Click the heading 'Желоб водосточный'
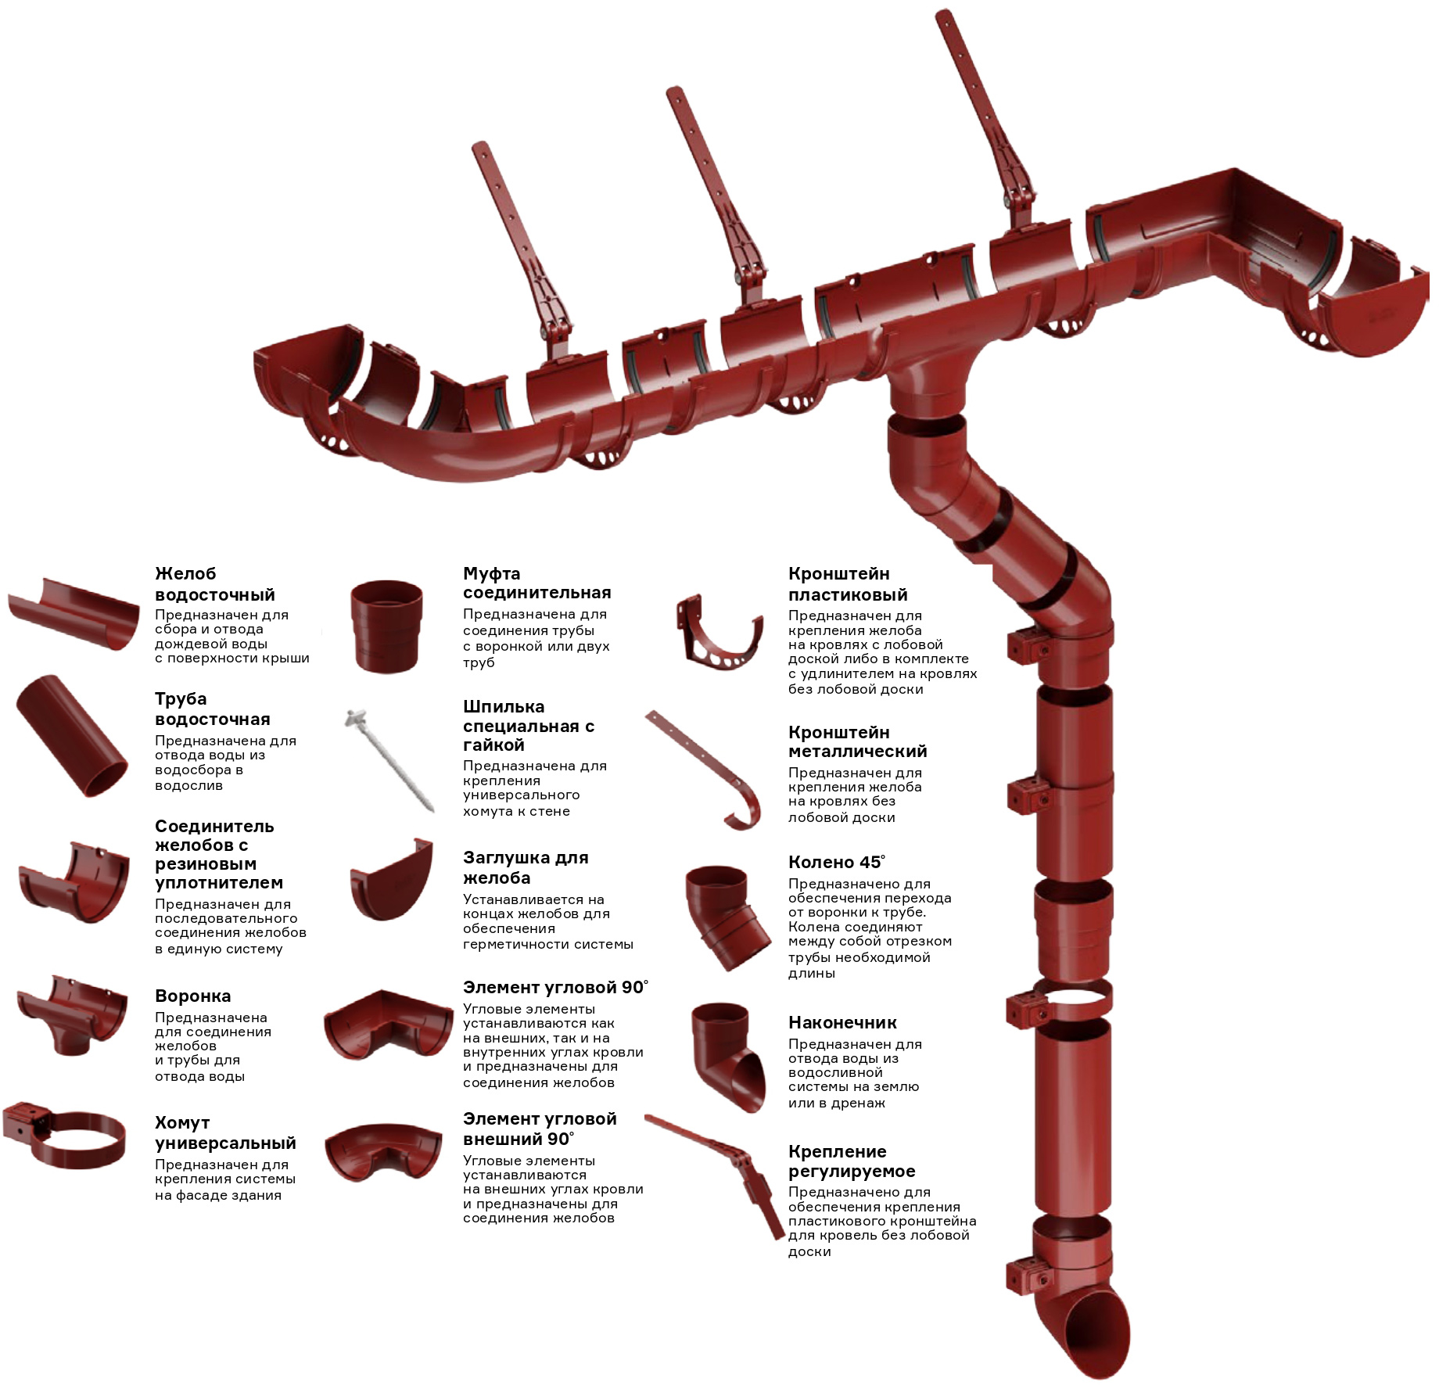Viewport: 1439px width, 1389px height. point(215,584)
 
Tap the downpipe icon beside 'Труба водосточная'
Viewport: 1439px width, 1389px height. point(70,736)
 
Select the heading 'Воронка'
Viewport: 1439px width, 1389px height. point(193,996)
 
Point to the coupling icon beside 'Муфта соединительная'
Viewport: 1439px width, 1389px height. point(386,625)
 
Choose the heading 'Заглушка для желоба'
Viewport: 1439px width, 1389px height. point(526,867)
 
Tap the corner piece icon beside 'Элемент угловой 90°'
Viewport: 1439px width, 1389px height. point(388,1026)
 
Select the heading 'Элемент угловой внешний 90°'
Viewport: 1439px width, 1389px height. point(540,1129)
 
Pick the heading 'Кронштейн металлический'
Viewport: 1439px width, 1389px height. point(857,741)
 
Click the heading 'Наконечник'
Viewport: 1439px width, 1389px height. point(842,1022)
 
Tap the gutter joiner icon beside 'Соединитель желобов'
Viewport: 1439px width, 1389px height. point(74,883)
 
